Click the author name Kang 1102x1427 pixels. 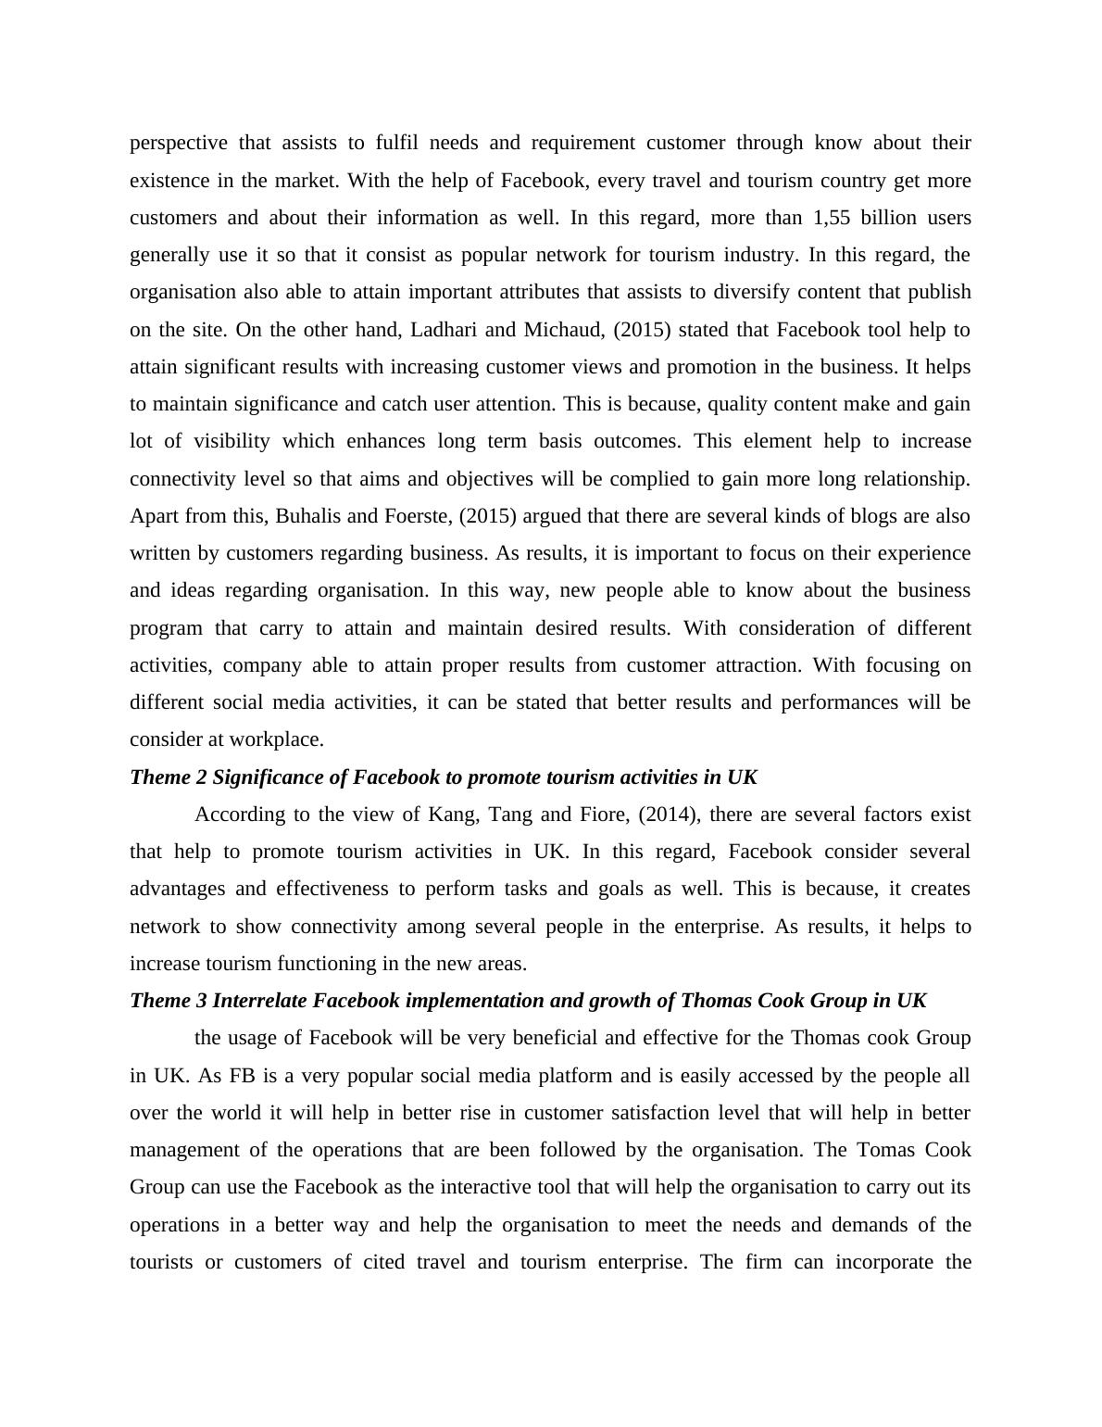pyautogui.click(x=447, y=815)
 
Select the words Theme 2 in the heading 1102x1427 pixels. pyautogui.click(x=168, y=777)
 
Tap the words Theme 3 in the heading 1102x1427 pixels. pyautogui.click(x=168, y=1001)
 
